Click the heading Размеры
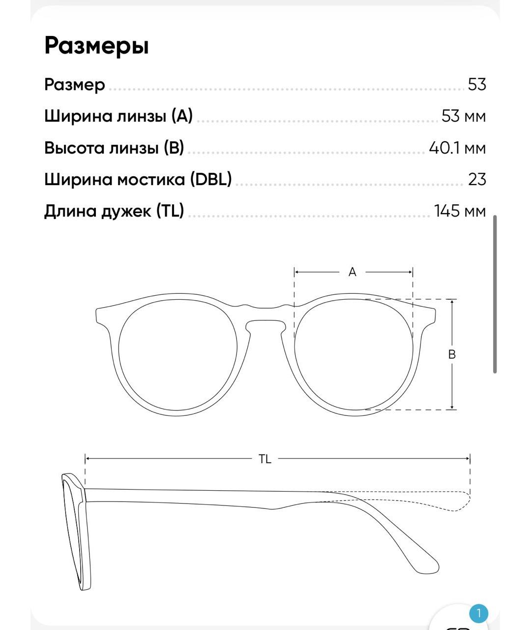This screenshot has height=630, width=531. pyautogui.click(x=96, y=46)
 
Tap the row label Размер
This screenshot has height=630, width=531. pyautogui.click(x=75, y=85)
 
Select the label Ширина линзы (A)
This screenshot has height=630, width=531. pyautogui.click(x=118, y=116)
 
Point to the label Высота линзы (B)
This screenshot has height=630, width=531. pyautogui.click(x=114, y=148)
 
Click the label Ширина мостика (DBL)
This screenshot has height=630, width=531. pyautogui.click(x=138, y=179)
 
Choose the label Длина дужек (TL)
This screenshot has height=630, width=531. pyautogui.click(x=114, y=211)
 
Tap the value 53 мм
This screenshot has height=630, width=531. pyautogui.click(x=464, y=116)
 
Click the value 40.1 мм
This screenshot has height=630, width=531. pyautogui.click(x=457, y=148)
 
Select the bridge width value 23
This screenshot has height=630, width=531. pyautogui.click(x=477, y=179)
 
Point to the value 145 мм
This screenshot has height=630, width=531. pyautogui.click(x=460, y=211)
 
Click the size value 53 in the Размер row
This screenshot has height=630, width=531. pyautogui.click(x=477, y=85)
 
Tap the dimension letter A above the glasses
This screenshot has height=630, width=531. pyautogui.click(x=353, y=272)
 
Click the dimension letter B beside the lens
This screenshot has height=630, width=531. pyautogui.click(x=452, y=354)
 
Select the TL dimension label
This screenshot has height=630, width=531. pyautogui.click(x=265, y=459)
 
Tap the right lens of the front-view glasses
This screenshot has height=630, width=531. pyautogui.click(x=354, y=355)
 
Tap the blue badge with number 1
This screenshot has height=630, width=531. pyautogui.click(x=478, y=614)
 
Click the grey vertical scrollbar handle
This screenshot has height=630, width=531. pyautogui.click(x=495, y=294)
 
